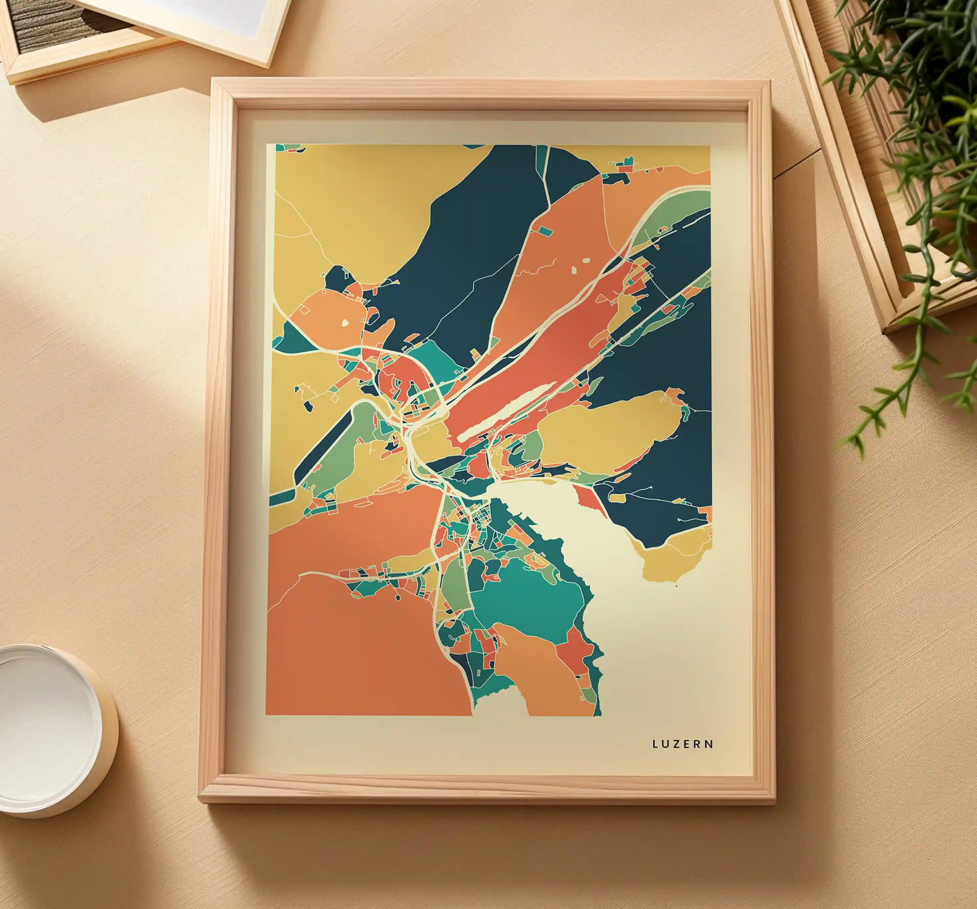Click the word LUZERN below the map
pos(682,744)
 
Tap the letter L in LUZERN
pos(655,744)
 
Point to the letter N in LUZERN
pos(709,744)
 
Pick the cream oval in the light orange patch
pos(346,324)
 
